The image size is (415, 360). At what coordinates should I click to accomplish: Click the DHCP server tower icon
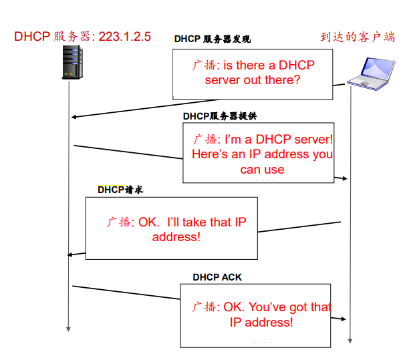tap(72, 62)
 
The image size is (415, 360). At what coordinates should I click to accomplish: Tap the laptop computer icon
tap(372, 74)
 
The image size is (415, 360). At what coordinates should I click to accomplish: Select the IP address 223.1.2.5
tap(125, 37)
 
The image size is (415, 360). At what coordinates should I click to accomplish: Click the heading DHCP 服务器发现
tap(213, 39)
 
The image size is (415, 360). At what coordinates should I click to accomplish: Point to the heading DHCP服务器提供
tap(220, 116)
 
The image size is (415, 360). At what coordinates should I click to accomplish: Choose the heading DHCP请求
tap(120, 190)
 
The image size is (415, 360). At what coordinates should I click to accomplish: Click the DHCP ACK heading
tap(217, 277)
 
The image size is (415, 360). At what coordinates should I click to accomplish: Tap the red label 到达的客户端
tap(358, 37)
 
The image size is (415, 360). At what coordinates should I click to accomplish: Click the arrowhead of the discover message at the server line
tap(74, 117)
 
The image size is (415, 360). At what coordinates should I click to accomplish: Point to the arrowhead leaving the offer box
tap(344, 178)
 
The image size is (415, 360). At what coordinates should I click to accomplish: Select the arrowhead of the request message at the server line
tap(70, 254)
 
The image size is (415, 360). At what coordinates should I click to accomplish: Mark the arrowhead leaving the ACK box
tap(343, 319)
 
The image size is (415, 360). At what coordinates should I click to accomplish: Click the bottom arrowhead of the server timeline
tap(68, 329)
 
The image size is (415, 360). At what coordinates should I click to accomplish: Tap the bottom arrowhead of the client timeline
tap(350, 341)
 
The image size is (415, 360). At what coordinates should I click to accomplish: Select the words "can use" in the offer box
tap(262, 170)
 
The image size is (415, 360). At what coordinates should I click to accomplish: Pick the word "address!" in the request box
tap(176, 236)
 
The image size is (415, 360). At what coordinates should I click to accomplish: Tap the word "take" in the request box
tap(194, 222)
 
